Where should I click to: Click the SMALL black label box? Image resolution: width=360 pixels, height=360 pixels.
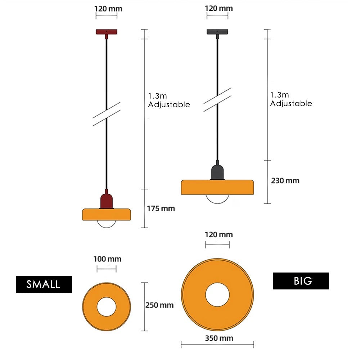44,284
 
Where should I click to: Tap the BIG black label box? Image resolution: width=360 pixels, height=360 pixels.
301,281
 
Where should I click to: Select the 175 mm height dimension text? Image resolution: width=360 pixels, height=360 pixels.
161,208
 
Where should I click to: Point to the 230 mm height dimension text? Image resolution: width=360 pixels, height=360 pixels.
285,181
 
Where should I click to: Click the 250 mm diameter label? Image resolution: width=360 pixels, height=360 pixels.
159,305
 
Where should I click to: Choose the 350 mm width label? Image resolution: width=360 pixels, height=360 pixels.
219,338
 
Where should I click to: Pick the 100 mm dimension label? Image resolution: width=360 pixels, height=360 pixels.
107,259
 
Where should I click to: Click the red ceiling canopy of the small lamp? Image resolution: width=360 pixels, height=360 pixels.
107,32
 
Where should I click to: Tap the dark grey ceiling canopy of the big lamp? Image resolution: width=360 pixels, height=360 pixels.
217,32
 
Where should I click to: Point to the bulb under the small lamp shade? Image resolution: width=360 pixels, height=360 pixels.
107,224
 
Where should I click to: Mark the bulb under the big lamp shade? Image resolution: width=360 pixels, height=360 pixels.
217,199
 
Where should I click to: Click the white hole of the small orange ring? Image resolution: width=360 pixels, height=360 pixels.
107,307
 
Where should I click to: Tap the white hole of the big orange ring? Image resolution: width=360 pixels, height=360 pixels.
217,295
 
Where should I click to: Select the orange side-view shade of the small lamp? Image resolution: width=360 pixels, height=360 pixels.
107,215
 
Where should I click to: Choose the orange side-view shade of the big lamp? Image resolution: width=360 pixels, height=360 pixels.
217,187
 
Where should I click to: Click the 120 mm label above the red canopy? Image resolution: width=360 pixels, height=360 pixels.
108,9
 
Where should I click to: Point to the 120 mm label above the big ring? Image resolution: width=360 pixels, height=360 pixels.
219,235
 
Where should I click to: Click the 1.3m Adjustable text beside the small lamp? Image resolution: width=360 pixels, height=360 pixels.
169,100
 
